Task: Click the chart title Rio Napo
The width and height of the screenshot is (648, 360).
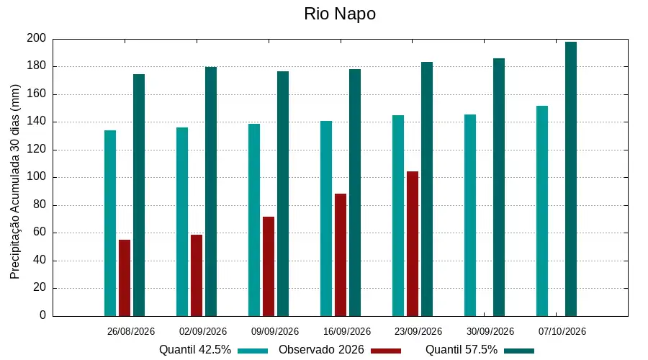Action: click(x=340, y=14)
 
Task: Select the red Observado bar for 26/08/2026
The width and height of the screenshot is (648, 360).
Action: click(x=125, y=278)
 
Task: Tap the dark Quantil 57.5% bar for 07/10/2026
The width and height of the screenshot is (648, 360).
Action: click(x=571, y=179)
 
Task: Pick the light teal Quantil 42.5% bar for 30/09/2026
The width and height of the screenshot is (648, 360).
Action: click(x=470, y=215)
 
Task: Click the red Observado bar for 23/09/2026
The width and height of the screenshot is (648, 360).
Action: click(x=413, y=244)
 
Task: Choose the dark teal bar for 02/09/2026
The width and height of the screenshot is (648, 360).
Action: click(x=211, y=192)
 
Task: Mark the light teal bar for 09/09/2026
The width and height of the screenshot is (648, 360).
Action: click(x=254, y=220)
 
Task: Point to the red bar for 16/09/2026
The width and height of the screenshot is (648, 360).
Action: click(x=341, y=255)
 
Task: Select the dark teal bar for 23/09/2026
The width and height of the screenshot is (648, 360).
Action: click(x=427, y=189)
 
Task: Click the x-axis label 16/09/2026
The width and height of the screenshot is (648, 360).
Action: click(x=347, y=331)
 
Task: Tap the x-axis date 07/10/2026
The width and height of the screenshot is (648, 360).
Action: click(x=562, y=331)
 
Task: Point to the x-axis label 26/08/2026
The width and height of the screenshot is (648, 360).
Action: click(x=130, y=331)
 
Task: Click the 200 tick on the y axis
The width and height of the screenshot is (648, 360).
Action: click(x=37, y=38)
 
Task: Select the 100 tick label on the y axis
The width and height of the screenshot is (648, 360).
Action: click(x=37, y=177)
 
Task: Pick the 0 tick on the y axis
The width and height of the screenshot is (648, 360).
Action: click(x=42, y=315)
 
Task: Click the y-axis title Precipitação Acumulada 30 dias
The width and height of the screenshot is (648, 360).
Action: click(x=15, y=182)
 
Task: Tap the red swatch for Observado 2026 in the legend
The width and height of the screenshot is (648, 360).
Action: click(x=386, y=351)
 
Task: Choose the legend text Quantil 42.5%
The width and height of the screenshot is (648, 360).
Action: click(x=195, y=350)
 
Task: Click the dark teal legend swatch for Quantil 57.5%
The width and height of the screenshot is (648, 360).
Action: click(x=519, y=351)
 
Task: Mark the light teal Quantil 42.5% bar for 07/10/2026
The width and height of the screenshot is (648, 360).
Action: click(x=542, y=211)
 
